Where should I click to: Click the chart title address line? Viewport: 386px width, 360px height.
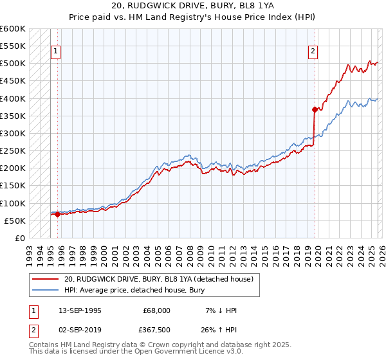point(193,7)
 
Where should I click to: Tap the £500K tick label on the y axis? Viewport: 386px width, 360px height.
point(13,64)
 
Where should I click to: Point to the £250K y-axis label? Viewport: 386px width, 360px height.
point(13,150)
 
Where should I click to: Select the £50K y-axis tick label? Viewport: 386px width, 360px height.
point(15,221)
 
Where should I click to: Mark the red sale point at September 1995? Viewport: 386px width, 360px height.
point(58,215)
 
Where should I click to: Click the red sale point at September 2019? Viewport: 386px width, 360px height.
point(315,109)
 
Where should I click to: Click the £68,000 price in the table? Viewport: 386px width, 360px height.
point(157,310)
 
